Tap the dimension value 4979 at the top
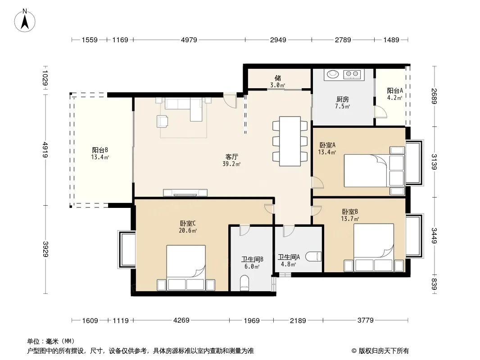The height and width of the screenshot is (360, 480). coord(189,40)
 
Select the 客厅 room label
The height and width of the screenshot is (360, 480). coord(232,157)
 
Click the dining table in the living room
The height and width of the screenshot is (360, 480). coord(290,141)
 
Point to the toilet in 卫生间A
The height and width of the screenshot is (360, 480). coord(313,256)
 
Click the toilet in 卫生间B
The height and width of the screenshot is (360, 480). coord(245,283)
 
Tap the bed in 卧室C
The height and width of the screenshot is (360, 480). coord(186,268)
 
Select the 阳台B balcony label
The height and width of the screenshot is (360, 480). coord(100,150)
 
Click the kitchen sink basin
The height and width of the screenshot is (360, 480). coord(332,74)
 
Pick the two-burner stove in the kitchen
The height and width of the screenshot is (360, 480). coord(352,74)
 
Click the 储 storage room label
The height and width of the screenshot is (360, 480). coord(278,78)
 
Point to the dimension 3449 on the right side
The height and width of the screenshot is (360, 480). coord(434,236)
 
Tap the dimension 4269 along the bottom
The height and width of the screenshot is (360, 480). coord(181,320)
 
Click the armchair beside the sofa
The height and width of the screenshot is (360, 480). coord(162,121)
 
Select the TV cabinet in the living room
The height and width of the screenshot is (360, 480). coord(185,193)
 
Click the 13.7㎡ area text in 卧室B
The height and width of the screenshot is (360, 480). coord(350,219)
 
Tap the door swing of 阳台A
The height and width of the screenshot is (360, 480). coord(381,112)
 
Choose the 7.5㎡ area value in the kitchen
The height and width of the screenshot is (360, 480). coord(342,107)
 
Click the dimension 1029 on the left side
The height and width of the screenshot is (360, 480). coord(45,78)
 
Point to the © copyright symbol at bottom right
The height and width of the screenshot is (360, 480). coord(354,351)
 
